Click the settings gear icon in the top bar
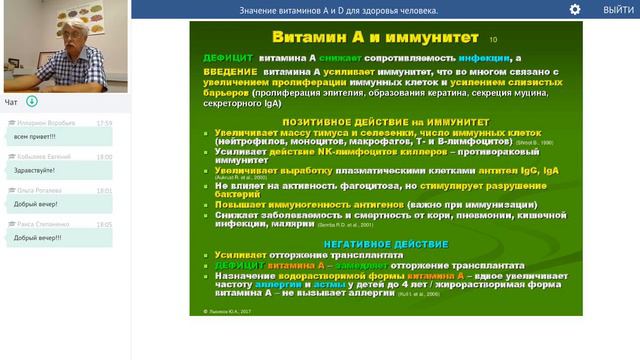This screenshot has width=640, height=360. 575,9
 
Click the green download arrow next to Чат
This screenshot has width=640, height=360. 32,101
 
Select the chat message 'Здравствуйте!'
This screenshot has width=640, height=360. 35,169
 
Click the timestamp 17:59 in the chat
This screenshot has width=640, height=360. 104,123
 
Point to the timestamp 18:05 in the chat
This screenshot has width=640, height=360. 104,225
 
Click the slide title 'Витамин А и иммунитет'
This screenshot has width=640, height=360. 358,37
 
